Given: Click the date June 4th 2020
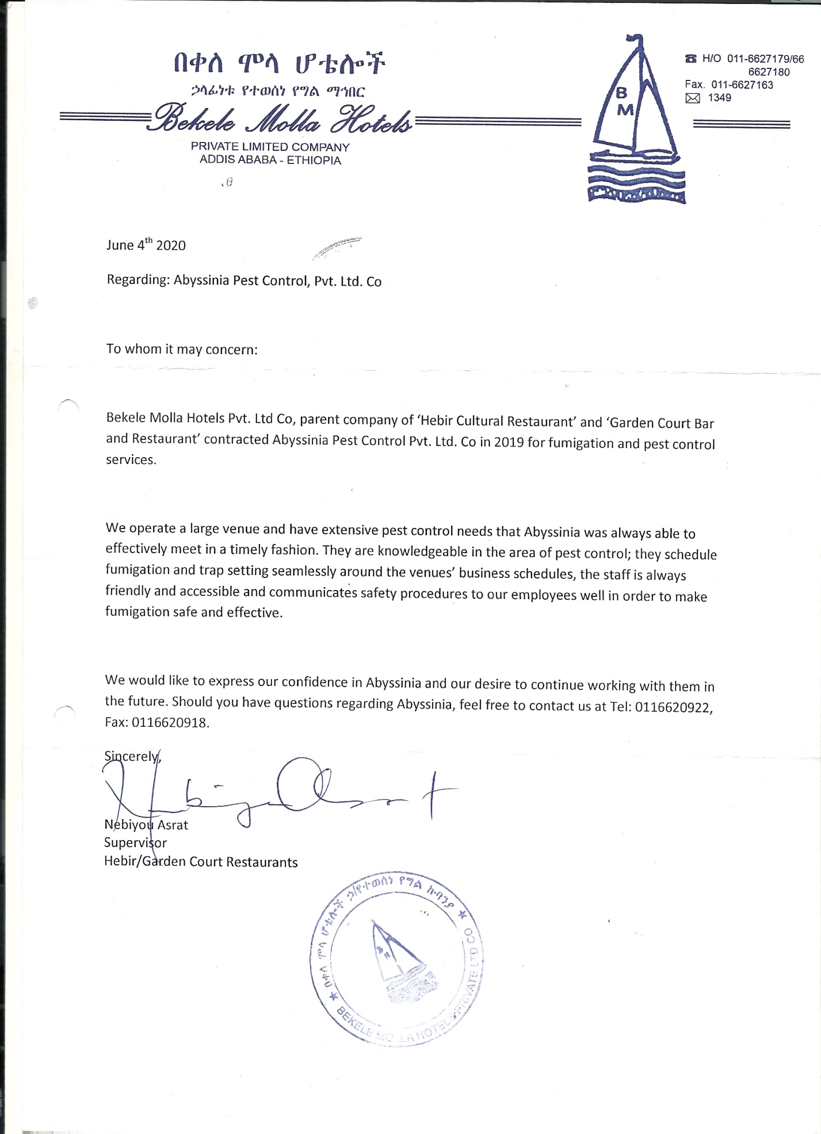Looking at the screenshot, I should [146, 246].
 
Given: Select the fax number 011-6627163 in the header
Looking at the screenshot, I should [742, 85].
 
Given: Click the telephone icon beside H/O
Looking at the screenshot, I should [691, 59].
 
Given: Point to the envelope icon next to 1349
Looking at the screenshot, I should [693, 98].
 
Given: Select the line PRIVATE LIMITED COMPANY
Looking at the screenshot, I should [270, 147].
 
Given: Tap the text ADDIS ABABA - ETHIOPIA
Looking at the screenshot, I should [270, 160].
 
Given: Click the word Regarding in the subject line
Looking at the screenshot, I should [137, 280].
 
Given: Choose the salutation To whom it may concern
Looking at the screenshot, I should [182, 349].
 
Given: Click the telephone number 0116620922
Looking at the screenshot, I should [673, 708].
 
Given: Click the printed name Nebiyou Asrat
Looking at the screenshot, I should [146, 825].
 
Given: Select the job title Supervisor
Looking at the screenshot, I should [135, 843].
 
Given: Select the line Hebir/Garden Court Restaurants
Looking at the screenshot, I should [201, 862].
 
